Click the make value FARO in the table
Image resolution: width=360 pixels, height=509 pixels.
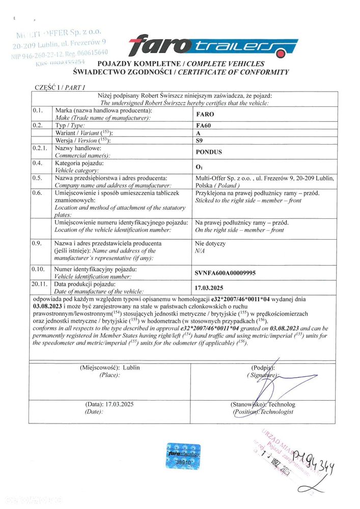pyautogui.click(x=205, y=115)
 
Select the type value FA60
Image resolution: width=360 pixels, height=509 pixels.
pyautogui.click(x=204, y=126)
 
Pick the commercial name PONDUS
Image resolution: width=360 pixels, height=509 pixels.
pyautogui.click(x=209, y=152)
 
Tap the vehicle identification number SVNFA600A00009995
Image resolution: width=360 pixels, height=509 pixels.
pyautogui.click(x=226, y=273)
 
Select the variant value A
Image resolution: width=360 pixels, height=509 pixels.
pyautogui.click(x=198, y=133)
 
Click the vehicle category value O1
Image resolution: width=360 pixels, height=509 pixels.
pyautogui.click(x=199, y=166)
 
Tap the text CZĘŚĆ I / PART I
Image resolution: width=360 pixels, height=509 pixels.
pyautogui.click(x=60, y=88)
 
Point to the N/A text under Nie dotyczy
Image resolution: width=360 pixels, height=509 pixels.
pyautogui.click(x=200, y=251)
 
